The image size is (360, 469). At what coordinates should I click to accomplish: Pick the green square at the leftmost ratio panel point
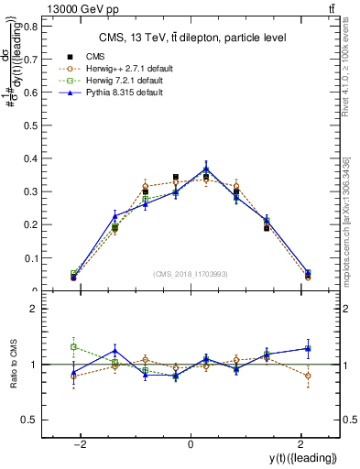pyautogui.click(x=74, y=346)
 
